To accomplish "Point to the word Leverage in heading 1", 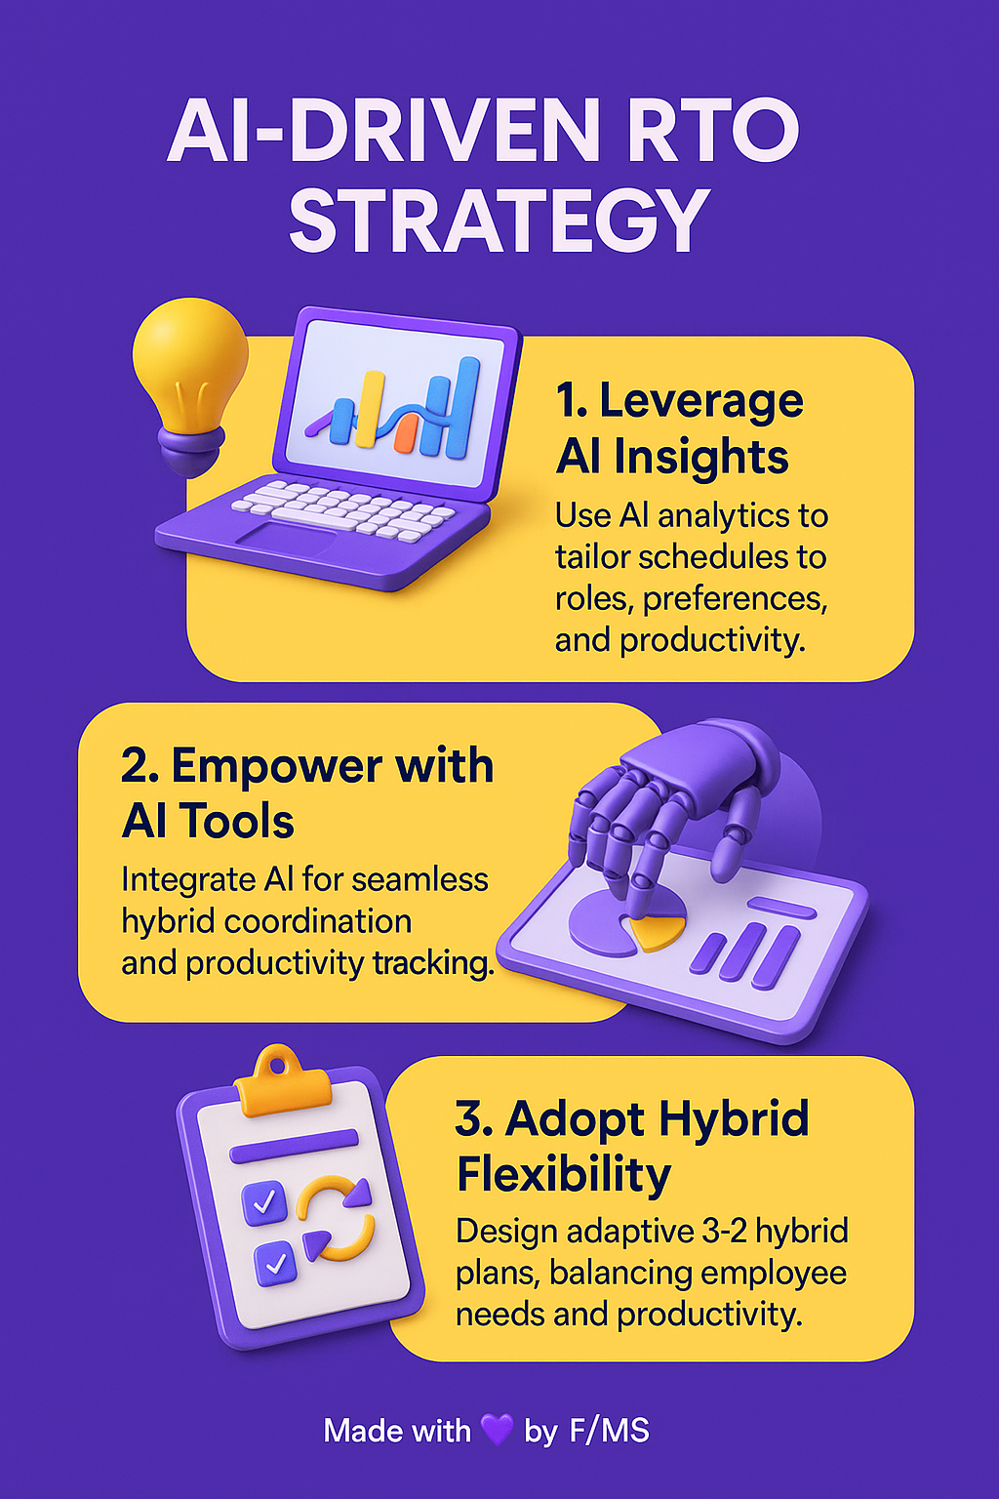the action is (700, 400).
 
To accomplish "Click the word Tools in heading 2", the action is (237, 821).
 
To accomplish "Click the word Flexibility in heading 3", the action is (564, 1175).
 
